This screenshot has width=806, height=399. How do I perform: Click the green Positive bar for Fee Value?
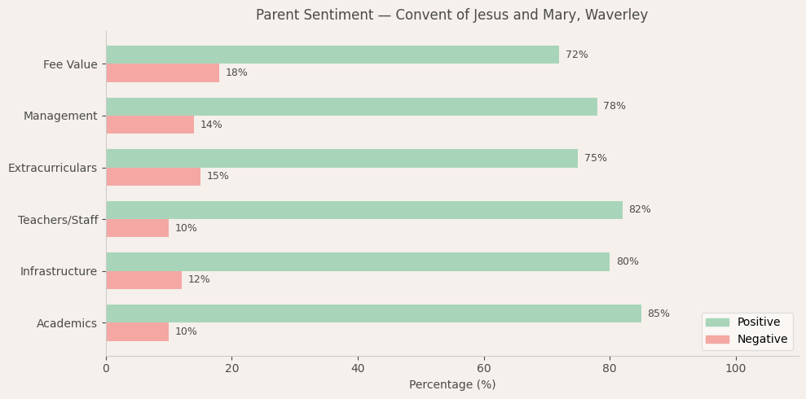pos(333,55)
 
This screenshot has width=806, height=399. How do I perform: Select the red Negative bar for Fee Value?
pos(162,72)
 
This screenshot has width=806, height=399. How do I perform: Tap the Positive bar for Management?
pos(351,107)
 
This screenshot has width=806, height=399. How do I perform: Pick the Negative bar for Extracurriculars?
pos(153,177)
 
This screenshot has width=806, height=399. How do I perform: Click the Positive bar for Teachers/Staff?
pos(364,210)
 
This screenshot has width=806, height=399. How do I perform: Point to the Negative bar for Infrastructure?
pos(143,280)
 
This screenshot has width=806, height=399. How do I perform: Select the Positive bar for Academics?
pos(373,313)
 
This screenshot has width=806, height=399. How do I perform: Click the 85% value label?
pos(658,314)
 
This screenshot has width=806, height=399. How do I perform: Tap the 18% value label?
pos(236,73)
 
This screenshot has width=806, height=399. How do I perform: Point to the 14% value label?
pos(211,125)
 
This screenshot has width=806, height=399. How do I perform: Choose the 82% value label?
pos(640,210)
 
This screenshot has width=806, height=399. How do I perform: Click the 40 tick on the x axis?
pos(358,369)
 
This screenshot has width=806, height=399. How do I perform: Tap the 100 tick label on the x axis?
pos(735,369)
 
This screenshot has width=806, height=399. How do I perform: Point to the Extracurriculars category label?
pos(52,168)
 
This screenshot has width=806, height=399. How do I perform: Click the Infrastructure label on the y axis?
pos(58,271)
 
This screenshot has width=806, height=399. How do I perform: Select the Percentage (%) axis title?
pos(452,385)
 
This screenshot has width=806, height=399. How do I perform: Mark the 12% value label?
pos(199,280)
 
